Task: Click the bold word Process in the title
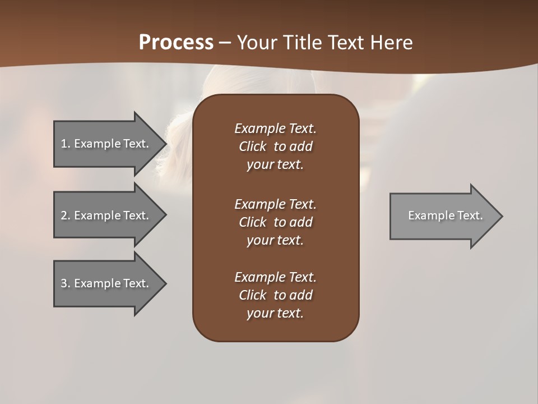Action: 176,43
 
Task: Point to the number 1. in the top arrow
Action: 65,144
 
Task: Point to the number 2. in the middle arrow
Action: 65,215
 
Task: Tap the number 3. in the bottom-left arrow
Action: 65,283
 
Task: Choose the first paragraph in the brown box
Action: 275,146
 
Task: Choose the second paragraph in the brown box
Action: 275,222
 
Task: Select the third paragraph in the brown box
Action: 275,295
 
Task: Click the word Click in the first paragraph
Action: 252,146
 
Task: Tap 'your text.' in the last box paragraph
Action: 275,313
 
